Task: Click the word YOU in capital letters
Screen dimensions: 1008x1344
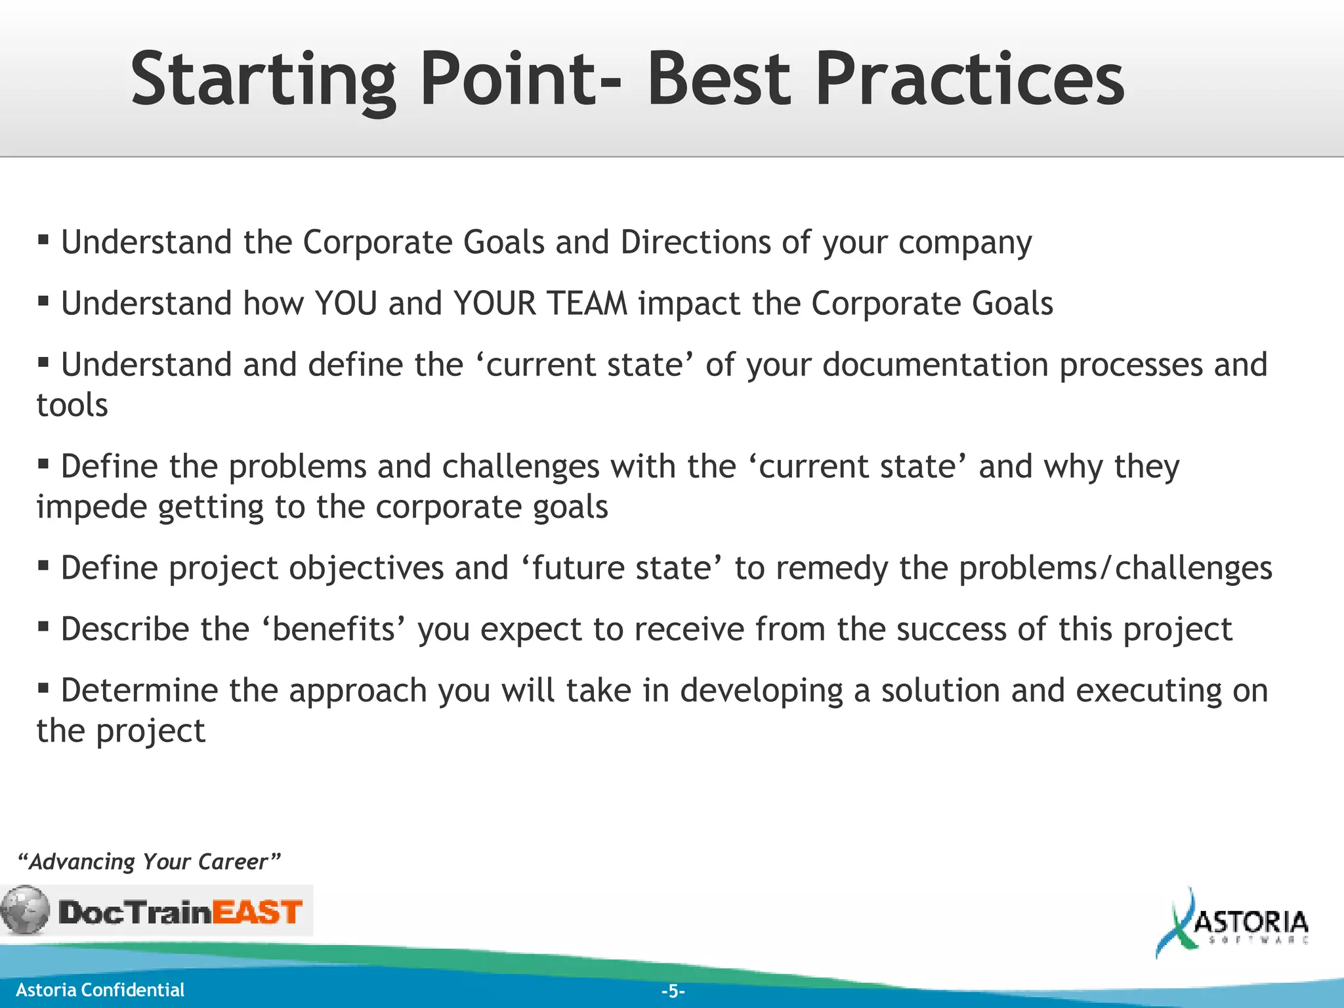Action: pyautogui.click(x=346, y=304)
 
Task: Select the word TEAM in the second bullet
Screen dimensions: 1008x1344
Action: pyautogui.click(x=587, y=304)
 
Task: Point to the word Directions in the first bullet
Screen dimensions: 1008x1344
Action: pyautogui.click(x=695, y=242)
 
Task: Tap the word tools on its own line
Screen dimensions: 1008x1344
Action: pyautogui.click(x=72, y=406)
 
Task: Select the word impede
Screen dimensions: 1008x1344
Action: pyautogui.click(x=91, y=508)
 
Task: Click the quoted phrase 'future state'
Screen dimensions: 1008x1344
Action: pyautogui.click(x=622, y=568)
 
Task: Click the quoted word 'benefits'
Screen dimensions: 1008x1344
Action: pyautogui.click(x=334, y=629)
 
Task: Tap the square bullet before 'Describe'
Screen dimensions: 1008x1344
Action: pyautogui.click(x=43, y=626)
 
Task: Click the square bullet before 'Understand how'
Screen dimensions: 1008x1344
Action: pyautogui.click(x=43, y=301)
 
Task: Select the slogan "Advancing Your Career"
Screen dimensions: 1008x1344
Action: pyautogui.click(x=149, y=861)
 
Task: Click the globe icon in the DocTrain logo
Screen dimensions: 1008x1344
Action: pyautogui.click(x=25, y=910)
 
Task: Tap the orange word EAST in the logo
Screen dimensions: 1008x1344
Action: pyautogui.click(x=257, y=912)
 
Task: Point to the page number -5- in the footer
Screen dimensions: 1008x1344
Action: pyautogui.click(x=673, y=991)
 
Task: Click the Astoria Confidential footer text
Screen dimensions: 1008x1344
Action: pyautogui.click(x=100, y=990)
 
